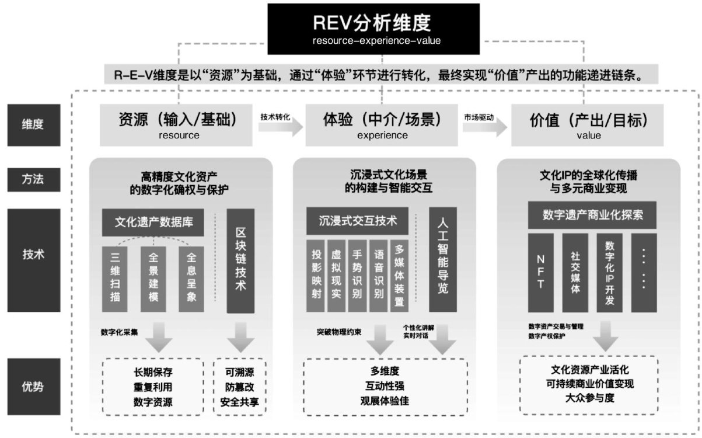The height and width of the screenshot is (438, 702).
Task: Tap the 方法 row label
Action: (34, 179)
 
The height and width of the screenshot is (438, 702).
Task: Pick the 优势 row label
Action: (34, 387)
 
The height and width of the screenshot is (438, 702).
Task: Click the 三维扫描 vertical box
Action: (115, 279)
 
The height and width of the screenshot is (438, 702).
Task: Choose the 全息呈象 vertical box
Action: (191, 279)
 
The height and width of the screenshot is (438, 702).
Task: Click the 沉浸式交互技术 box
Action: (358, 221)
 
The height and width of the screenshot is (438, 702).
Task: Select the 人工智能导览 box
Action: (442, 260)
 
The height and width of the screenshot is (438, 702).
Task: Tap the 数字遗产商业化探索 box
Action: (592, 215)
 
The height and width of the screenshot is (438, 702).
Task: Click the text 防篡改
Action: (240, 387)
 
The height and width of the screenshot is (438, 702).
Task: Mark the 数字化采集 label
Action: (119, 332)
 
